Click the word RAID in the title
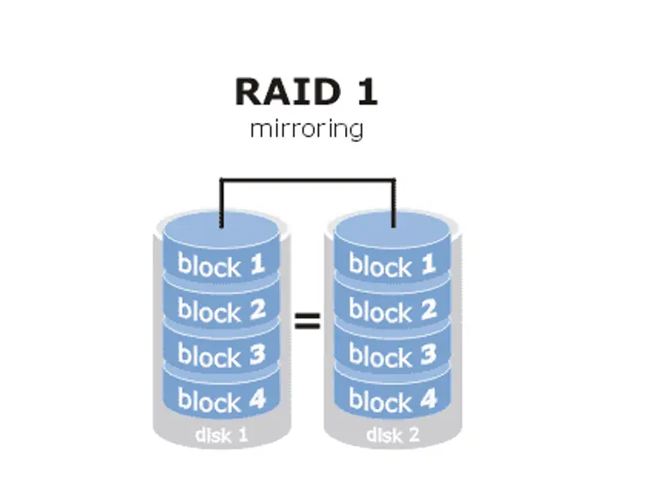coord(288,92)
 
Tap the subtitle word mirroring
coord(307,129)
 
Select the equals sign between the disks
coord(307,320)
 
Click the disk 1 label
coord(221,434)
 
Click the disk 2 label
coord(393,434)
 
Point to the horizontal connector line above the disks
coord(308,179)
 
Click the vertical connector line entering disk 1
coord(221,203)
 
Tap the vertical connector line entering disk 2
coord(394,203)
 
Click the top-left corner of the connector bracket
coord(221,179)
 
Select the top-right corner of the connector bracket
coord(394,179)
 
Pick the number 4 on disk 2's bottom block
coord(428,399)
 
